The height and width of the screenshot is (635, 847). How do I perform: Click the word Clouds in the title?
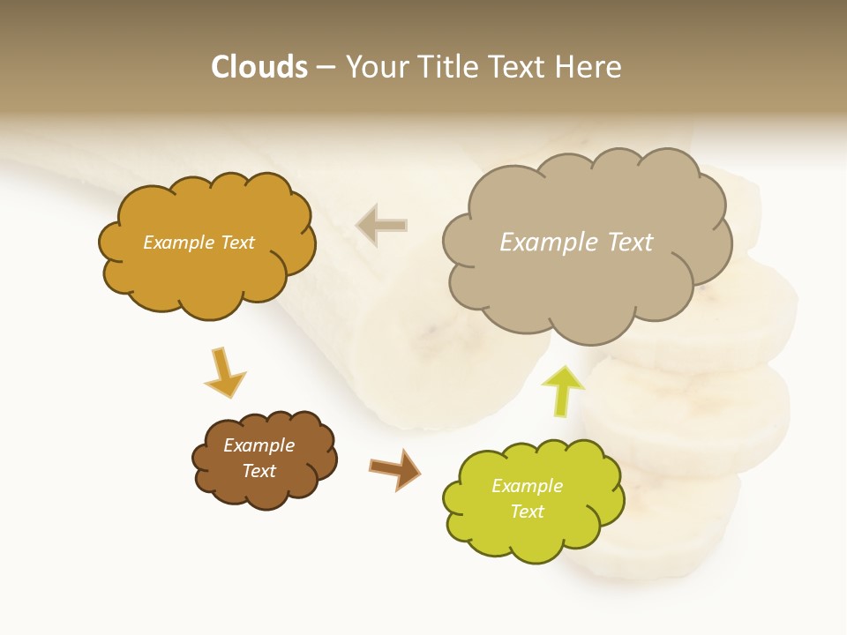(259, 67)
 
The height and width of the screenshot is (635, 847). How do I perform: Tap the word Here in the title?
(591, 67)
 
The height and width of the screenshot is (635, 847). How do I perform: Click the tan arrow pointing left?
(381, 225)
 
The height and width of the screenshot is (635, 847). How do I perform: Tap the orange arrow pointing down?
(224, 373)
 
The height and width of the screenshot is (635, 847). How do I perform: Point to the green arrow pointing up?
(562, 389)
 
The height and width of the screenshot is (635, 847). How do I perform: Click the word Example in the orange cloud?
(176, 243)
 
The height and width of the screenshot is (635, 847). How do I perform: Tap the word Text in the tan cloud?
(630, 243)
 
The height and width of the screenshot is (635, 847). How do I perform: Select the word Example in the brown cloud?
(259, 445)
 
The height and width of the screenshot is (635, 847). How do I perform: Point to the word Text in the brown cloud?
(259, 471)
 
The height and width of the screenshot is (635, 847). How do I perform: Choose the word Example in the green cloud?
(527, 486)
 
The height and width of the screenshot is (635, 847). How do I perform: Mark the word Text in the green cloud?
(527, 512)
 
